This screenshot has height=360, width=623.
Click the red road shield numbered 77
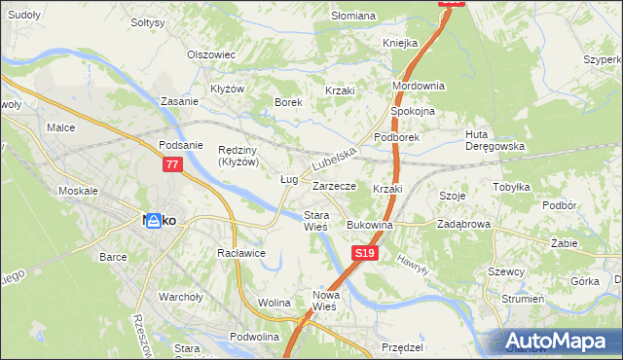pos(172,165)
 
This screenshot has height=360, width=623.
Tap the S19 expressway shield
pos(363,253)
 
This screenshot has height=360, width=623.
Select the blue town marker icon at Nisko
pos(140,222)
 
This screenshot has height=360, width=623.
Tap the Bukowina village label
pos(369,225)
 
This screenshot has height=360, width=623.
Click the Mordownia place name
pos(418,86)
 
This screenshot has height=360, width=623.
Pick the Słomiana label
pos(352,16)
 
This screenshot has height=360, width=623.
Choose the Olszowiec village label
pos(212,54)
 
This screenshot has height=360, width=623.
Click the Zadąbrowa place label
pos(463,225)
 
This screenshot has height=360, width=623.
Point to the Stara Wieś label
pos(316,220)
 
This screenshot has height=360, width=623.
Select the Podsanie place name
pos(180,145)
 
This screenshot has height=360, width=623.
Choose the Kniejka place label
pos(399,43)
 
